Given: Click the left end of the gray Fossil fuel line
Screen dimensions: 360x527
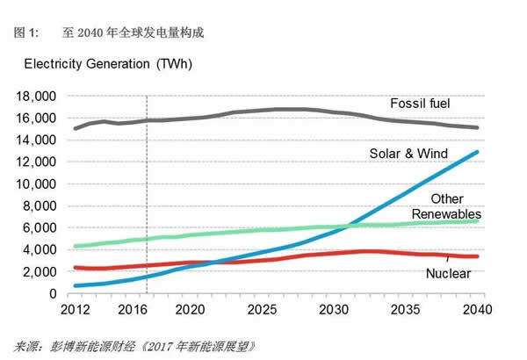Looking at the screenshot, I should pos(75,128).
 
